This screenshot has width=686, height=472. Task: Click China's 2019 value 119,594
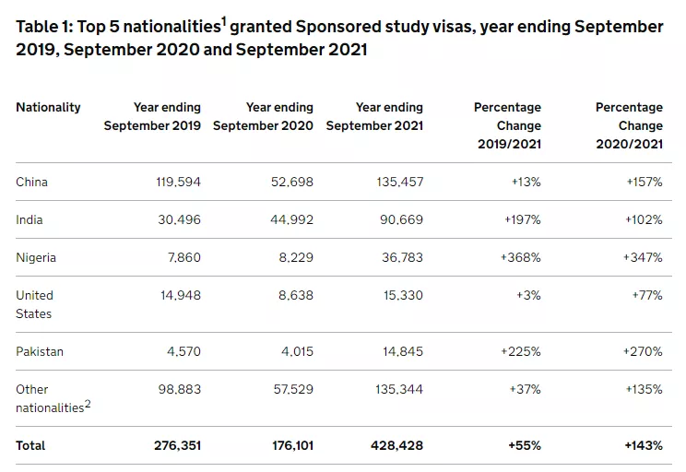pos(178,182)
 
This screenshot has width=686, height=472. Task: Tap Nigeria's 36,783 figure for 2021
pos(400,257)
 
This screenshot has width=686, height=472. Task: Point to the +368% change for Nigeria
pos(521,257)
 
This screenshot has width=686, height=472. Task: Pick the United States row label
pos(35,304)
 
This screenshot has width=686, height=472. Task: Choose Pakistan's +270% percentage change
pos(642,351)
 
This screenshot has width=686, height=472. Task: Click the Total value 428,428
pos(397,445)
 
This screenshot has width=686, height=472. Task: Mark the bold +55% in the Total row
pos(525,445)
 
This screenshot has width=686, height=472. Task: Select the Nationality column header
pos(48,107)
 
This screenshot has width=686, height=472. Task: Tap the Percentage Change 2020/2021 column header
pos(629,125)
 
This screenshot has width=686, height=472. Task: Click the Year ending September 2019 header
pos(152,116)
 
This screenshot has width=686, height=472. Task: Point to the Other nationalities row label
pos(51,398)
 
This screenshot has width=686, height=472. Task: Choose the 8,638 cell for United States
pos(293,295)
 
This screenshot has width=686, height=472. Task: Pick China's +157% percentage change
pos(642,182)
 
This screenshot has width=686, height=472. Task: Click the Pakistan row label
pos(41,351)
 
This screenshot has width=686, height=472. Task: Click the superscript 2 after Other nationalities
pos(88,403)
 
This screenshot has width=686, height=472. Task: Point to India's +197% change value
pos(521,219)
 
